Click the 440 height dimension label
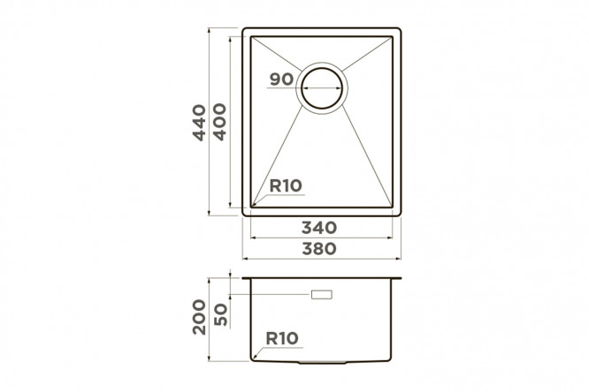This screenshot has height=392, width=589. [x=199, y=123]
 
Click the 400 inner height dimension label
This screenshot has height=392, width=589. [x=219, y=122]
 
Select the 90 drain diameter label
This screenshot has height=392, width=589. [x=281, y=79]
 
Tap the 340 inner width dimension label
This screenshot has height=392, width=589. [x=319, y=228]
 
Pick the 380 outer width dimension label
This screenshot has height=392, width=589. [x=319, y=248]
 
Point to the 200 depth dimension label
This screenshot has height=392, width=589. [x=199, y=317]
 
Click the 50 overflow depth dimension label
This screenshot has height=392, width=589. [x=220, y=314]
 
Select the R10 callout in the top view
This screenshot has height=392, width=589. [x=286, y=185]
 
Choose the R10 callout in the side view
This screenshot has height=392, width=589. [x=282, y=338]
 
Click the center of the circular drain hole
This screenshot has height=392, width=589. [x=322, y=88]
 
